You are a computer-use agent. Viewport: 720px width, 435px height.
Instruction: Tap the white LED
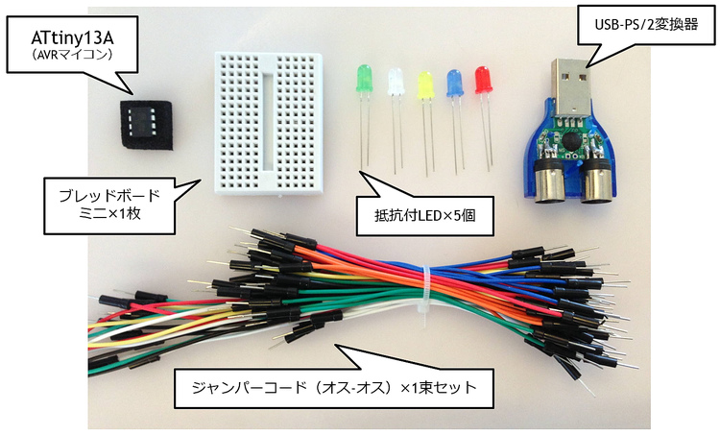tap(395, 84)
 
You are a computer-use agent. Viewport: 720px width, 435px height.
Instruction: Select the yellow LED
tap(424, 85)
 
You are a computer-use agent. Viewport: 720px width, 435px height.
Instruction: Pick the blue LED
tap(455, 83)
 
